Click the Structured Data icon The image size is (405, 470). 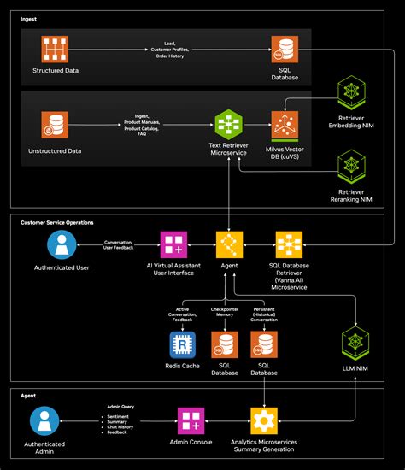point(58,49)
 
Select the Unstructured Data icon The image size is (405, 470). point(58,126)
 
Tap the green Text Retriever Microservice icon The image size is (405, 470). point(229,124)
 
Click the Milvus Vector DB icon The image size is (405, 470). point(285,125)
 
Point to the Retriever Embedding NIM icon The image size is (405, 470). point(351,91)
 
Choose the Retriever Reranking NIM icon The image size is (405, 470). point(351,165)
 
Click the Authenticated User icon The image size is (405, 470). point(61,246)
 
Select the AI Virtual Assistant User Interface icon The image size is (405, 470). point(175,245)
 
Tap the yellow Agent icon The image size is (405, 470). point(229,245)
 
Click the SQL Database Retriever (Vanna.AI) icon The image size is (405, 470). point(288,245)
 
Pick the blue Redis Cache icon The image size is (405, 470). point(183,345)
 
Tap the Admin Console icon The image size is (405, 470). point(191,420)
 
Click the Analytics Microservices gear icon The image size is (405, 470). point(263,420)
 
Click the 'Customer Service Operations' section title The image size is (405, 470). point(57,222)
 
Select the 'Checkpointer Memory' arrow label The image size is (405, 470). point(225,313)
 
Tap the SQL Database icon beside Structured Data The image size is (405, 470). point(285,49)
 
